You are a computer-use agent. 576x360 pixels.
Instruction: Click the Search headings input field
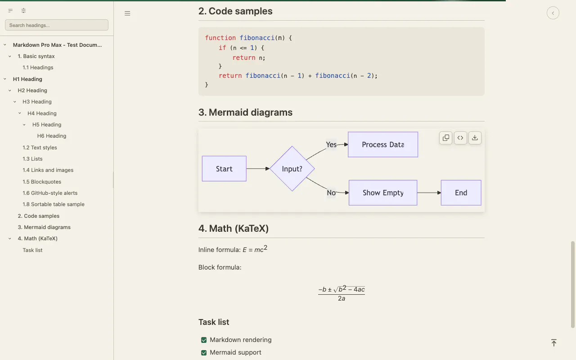57,25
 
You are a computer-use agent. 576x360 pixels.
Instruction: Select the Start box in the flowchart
224,169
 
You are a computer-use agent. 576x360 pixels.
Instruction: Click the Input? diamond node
292,169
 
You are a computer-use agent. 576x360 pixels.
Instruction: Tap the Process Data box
383,144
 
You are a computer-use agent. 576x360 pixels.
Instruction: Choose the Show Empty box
383,193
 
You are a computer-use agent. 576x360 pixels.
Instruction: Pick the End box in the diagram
461,193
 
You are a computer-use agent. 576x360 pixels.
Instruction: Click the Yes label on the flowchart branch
331,144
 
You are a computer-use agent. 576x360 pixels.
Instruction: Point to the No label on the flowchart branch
331,193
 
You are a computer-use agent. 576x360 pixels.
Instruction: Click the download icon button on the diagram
475,138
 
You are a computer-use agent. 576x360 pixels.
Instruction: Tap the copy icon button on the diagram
446,138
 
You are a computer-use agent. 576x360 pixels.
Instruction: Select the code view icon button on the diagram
460,138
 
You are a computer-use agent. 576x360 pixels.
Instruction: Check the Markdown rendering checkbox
204,340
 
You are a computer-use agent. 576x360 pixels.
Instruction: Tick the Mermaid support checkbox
204,352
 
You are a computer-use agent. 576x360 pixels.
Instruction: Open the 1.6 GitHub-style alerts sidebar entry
50,193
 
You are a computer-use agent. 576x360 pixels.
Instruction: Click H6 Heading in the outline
52,136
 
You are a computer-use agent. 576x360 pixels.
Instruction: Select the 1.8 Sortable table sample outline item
54,204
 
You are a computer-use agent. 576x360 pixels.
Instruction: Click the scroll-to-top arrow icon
554,343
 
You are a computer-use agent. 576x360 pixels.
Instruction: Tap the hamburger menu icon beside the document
127,13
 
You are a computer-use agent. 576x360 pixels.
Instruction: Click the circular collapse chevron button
553,13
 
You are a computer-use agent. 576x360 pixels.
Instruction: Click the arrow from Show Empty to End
429,193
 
